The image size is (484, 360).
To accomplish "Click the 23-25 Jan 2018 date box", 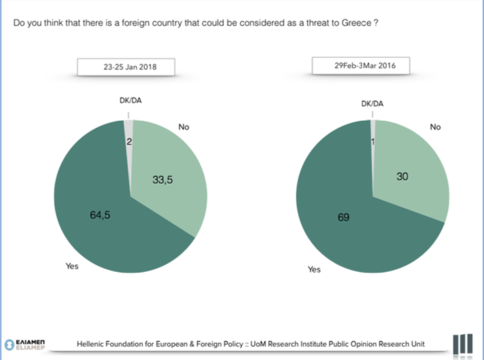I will click(130, 67).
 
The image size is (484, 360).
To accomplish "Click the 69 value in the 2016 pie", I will click(344, 217).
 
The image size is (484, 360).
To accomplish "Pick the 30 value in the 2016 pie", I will click(402, 176).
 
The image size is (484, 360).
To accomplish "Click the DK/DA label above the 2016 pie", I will click(372, 103).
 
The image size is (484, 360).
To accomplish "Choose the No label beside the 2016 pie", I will click(435, 127).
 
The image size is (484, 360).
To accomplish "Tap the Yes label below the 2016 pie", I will click(314, 269).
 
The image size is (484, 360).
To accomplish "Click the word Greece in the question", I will click(358, 23).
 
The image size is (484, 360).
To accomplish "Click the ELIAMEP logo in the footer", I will click(25, 343).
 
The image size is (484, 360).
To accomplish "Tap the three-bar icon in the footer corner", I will click(463, 343).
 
